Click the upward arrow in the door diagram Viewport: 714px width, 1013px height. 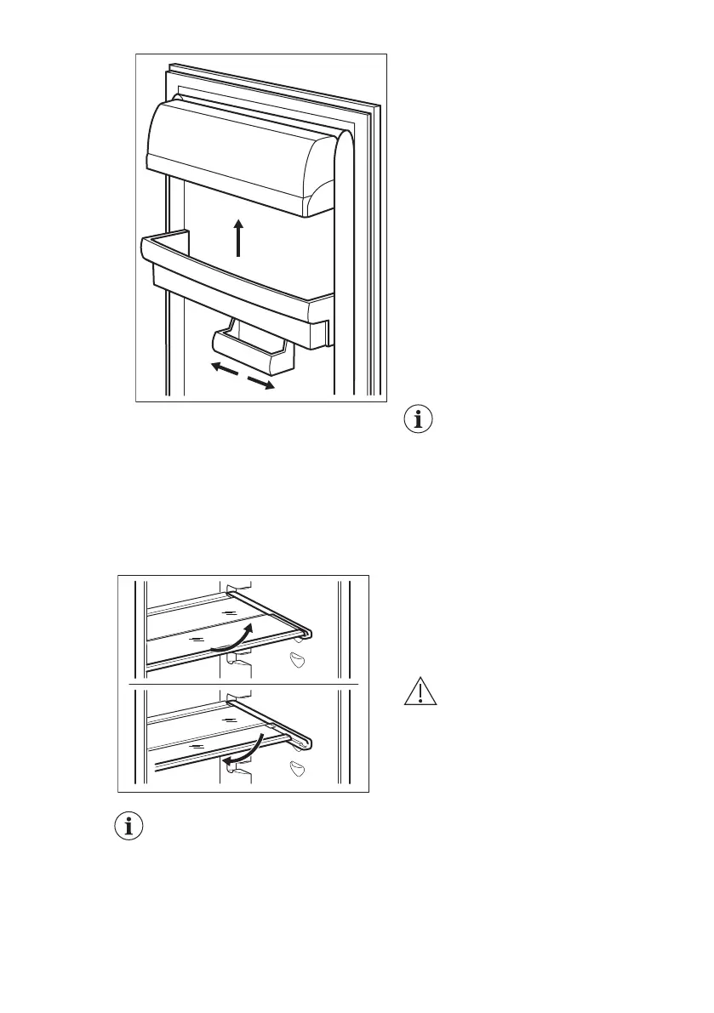(239, 237)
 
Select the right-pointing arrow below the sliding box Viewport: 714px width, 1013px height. (261, 383)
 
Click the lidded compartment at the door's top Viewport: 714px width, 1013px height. (238, 153)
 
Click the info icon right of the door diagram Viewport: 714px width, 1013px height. (418, 420)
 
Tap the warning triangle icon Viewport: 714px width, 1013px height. (420, 693)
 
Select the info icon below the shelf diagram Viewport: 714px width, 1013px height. (129, 828)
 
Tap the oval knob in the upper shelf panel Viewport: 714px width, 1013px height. (296, 661)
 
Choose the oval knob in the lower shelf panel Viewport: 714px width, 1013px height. (296, 770)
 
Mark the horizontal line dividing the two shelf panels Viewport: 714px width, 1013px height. (243, 683)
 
